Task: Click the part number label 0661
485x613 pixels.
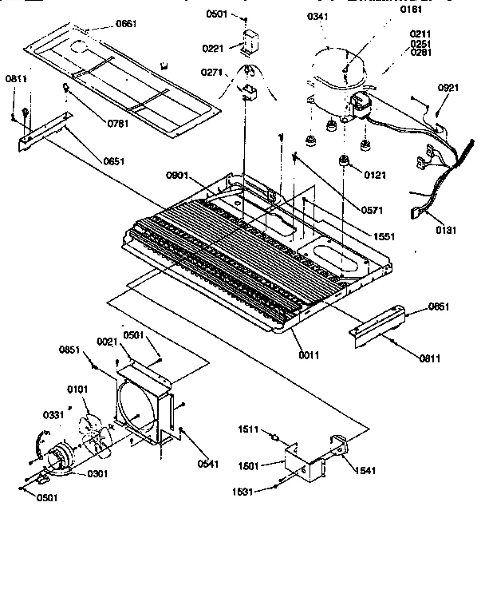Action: (126, 24)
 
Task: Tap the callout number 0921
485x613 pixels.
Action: (448, 86)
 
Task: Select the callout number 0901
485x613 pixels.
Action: (178, 176)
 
